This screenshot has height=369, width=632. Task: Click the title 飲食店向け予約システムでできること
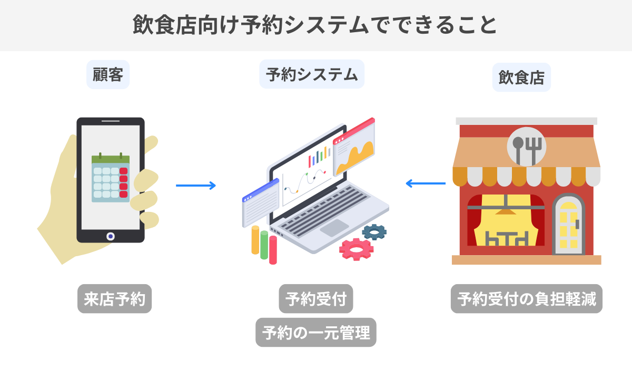(315, 25)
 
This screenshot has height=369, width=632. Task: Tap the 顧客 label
(108, 75)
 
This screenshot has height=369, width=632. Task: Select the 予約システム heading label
(312, 74)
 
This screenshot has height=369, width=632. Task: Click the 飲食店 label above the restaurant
(521, 77)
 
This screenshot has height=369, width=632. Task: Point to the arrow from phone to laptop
(196, 186)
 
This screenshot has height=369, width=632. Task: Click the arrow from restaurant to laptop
(426, 183)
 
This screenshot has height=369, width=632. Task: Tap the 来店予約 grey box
(115, 299)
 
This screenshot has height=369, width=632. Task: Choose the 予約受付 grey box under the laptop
(315, 299)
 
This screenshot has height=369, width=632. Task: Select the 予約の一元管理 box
(316, 332)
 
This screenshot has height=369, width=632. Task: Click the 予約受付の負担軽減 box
(527, 299)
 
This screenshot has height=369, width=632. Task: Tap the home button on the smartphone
(110, 236)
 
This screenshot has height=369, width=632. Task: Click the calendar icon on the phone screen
(111, 178)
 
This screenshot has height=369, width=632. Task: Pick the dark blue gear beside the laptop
(374, 231)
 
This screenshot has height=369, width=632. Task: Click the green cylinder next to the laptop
(264, 244)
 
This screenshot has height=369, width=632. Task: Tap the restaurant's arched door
(568, 224)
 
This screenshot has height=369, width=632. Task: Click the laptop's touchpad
(334, 228)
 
